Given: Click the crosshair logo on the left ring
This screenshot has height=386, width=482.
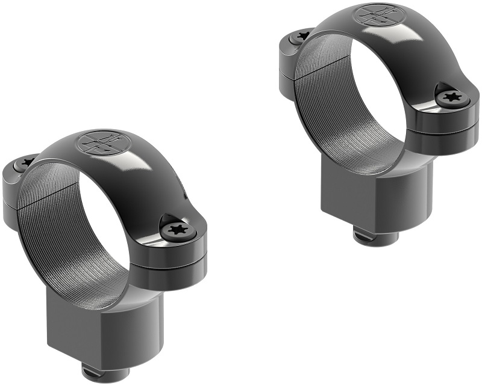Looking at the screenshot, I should (98, 142).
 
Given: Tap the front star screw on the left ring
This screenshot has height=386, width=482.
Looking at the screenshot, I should (177, 228).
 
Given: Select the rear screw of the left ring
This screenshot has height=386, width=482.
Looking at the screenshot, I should (25, 162).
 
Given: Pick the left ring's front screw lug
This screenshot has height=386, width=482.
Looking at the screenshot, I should (181, 240).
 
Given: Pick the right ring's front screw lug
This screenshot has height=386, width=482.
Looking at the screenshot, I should (452, 111).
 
